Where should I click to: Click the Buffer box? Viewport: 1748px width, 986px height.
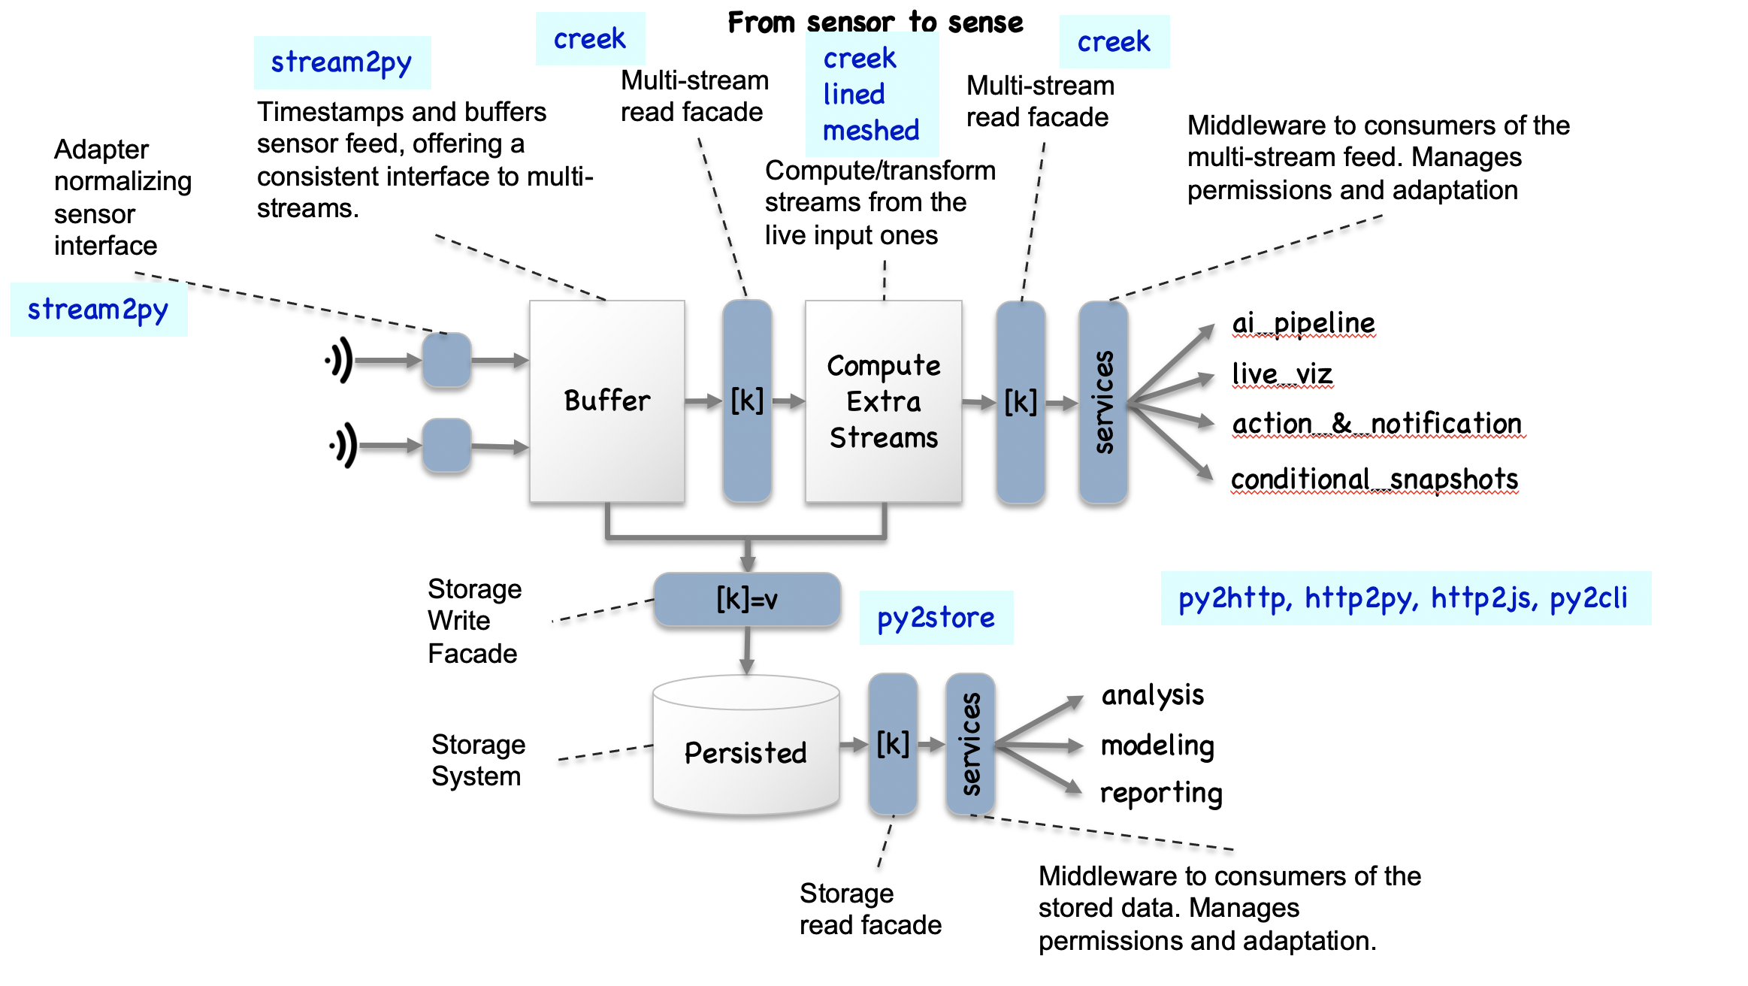click(x=606, y=401)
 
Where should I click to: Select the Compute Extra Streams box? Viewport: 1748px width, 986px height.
click(x=883, y=401)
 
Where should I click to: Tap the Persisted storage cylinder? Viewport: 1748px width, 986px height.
click(x=745, y=752)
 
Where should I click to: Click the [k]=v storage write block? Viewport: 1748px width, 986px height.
click(x=746, y=600)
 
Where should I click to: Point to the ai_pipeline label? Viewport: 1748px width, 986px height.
click(x=1303, y=323)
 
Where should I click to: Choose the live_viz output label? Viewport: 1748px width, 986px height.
click(x=1282, y=374)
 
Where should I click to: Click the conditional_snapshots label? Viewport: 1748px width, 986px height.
click(x=1374, y=479)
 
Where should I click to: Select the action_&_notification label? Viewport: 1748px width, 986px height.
click(x=1377, y=424)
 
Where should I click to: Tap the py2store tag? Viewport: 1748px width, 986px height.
click(x=936, y=618)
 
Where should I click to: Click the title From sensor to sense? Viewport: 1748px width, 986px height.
click(x=876, y=23)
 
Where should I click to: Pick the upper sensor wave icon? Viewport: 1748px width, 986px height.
click(x=340, y=361)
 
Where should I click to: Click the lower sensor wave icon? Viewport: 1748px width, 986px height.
click(x=343, y=446)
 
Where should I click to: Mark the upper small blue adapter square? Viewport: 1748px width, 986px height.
click(x=446, y=360)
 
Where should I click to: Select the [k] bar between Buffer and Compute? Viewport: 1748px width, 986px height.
click(x=747, y=401)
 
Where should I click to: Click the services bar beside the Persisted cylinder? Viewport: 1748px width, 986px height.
click(x=970, y=744)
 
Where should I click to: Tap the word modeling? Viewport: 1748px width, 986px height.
click(x=1157, y=746)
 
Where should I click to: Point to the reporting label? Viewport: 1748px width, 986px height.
click(x=1161, y=793)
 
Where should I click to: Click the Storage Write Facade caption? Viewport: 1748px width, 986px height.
click(x=474, y=621)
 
